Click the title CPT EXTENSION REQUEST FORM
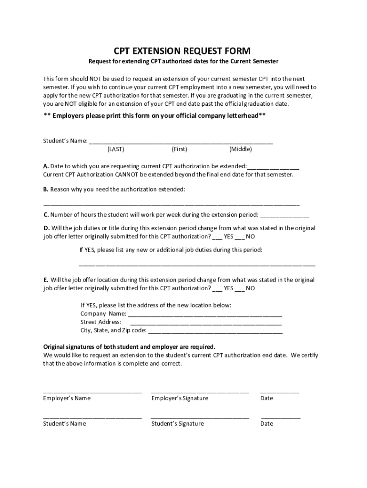pos(182,51)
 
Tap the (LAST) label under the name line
pos(116,149)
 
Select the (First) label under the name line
pos(179,149)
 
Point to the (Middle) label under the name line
pos(240,149)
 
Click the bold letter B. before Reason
pos(46,189)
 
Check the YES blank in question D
pos(217,237)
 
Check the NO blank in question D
pos(240,237)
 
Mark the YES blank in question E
pos(217,289)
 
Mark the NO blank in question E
pos(240,289)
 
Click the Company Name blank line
pos(205,315)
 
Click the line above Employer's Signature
pos(200,392)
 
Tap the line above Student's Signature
pos(200,417)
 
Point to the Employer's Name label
pos(67,398)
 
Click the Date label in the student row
pos(267,424)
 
